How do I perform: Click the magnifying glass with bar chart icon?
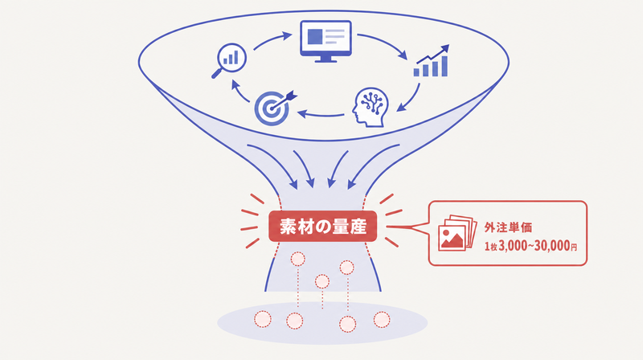(229, 60)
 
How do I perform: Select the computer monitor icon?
(326, 41)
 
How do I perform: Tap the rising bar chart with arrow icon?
(432, 61)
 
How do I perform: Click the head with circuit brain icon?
(371, 107)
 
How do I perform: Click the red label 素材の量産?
(323, 227)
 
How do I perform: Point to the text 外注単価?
(508, 227)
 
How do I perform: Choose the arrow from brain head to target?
(321, 114)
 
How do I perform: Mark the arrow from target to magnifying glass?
(240, 92)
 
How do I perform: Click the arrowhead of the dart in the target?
(292, 96)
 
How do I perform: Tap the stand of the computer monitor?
(326, 59)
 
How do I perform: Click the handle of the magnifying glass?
(217, 73)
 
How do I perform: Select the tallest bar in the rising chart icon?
(444, 67)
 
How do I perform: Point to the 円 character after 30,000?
(574, 247)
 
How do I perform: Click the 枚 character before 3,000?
(494, 247)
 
